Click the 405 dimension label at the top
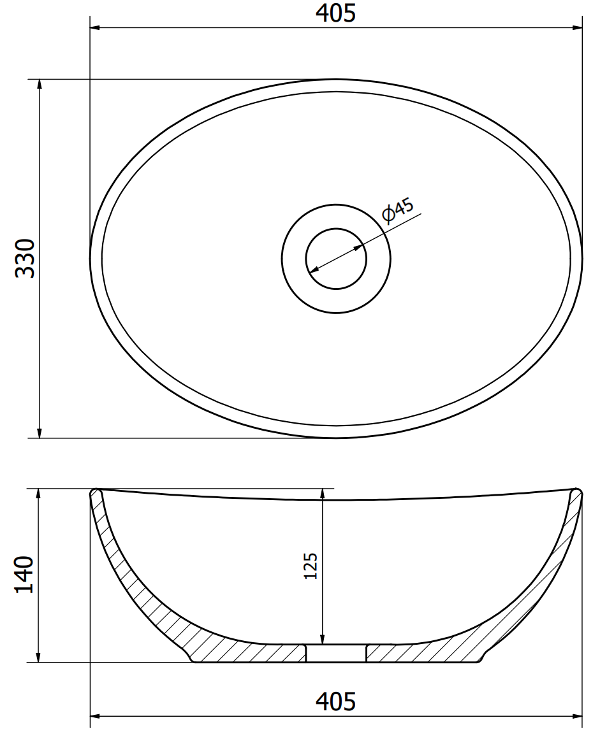pyautogui.click(x=335, y=13)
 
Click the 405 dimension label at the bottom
pyautogui.click(x=335, y=701)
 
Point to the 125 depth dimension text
pyautogui.click(x=311, y=566)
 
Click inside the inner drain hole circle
pyautogui.click(x=336, y=258)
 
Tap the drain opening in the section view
pyautogui.click(x=336, y=653)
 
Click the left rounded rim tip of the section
pyautogui.click(x=96, y=493)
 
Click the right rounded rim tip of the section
pyautogui.click(x=577, y=493)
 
